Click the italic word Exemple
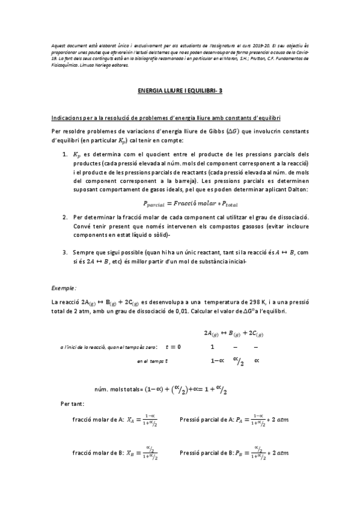click(x=63, y=288)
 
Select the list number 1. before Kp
click(x=66, y=155)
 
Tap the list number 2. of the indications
click(x=66, y=216)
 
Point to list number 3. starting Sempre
click(x=66, y=253)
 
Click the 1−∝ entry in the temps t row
click(x=218, y=361)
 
